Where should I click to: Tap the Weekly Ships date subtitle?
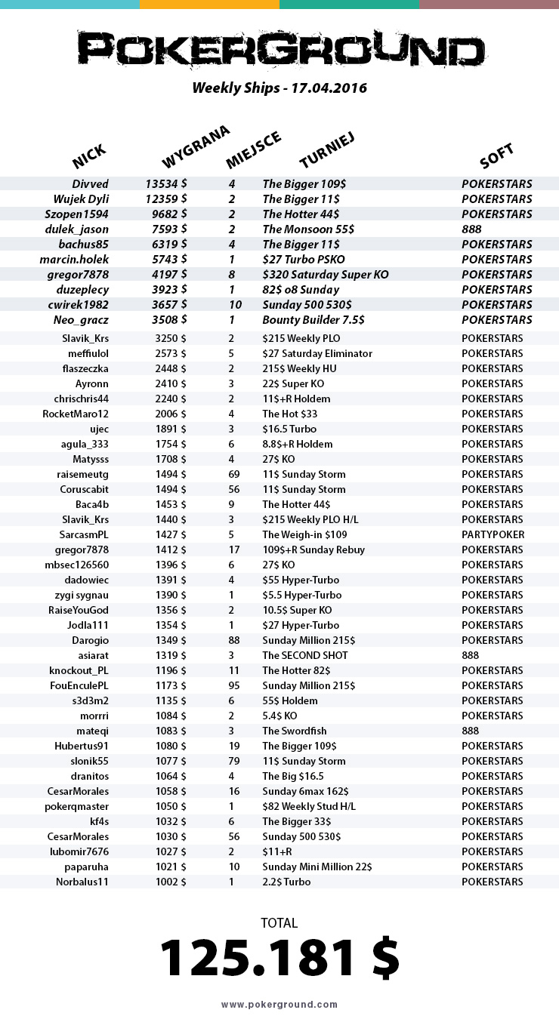pos(279,88)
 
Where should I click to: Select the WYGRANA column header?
pos(195,147)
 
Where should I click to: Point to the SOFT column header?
pos(496,156)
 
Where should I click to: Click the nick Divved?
pos(91,184)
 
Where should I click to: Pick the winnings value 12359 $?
pos(166,199)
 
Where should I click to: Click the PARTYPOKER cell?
pos(493,534)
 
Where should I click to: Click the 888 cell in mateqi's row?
pos(470,731)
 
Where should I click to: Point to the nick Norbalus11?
pos(82,882)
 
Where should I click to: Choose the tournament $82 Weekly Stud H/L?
pos(308,806)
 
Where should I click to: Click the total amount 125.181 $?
pos(279,959)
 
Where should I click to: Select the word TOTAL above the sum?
pos(279,922)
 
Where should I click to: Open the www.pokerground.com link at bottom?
pos(279,1005)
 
